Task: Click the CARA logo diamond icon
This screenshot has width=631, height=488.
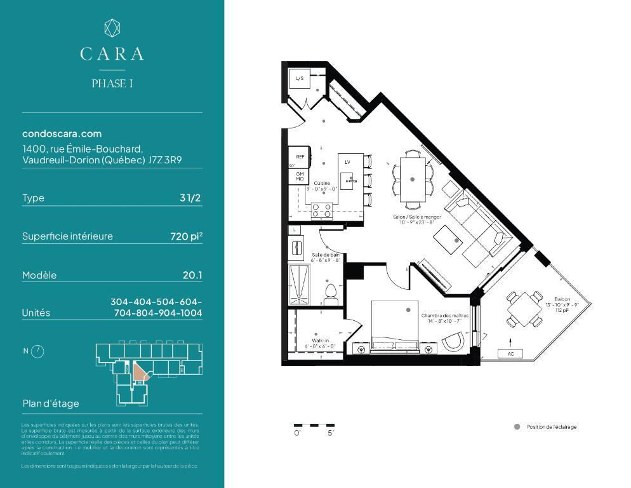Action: click(x=112, y=27)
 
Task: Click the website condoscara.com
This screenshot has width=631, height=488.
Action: click(x=62, y=133)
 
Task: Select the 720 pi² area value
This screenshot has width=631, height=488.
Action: click(x=186, y=236)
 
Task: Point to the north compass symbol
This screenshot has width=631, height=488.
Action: click(x=37, y=351)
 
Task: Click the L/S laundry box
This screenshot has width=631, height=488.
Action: click(x=299, y=79)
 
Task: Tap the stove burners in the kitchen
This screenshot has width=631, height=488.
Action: click(x=322, y=209)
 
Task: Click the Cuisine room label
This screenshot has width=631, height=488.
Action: click(x=322, y=183)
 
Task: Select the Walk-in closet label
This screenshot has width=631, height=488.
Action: click(x=320, y=341)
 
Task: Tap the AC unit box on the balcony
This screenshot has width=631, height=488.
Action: click(x=510, y=353)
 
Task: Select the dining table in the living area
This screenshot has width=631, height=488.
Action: click(x=413, y=180)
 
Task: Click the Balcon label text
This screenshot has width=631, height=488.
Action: click(x=562, y=299)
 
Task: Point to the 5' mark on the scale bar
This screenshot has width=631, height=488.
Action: click(x=331, y=433)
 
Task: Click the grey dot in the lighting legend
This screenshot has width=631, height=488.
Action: click(x=517, y=427)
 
